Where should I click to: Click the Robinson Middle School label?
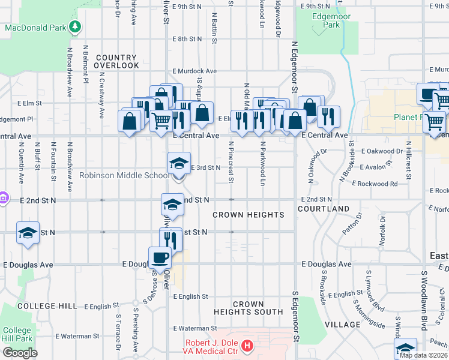125,176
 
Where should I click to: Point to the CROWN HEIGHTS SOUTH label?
249,308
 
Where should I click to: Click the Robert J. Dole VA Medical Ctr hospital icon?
247,346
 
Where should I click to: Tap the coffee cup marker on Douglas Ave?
160,258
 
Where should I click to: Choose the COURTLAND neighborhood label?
324,208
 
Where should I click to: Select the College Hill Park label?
17,334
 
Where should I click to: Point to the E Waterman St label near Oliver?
194,328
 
